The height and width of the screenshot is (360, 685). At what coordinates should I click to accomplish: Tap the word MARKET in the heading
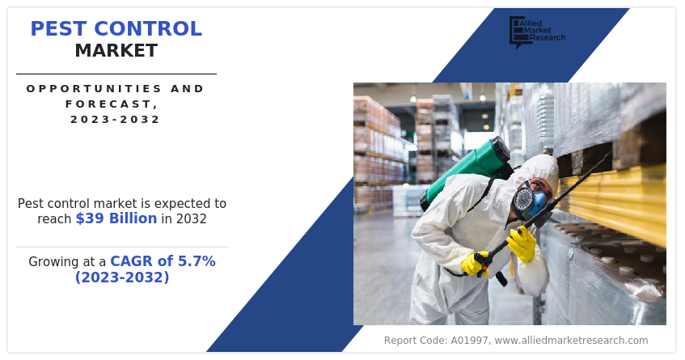116,51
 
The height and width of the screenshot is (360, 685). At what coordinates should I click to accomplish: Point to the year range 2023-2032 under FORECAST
116,119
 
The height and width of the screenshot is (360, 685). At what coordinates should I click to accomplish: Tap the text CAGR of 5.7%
163,261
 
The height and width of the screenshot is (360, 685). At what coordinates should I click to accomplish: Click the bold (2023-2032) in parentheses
122,277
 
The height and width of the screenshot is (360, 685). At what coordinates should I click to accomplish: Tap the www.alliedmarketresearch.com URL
571,341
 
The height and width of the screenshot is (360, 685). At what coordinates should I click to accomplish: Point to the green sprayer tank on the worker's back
468,171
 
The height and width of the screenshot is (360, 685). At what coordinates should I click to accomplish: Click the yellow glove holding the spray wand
522,244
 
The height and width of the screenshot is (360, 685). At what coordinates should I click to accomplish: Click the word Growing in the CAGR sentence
57,262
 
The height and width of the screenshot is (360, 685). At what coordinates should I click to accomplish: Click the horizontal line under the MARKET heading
116,74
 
